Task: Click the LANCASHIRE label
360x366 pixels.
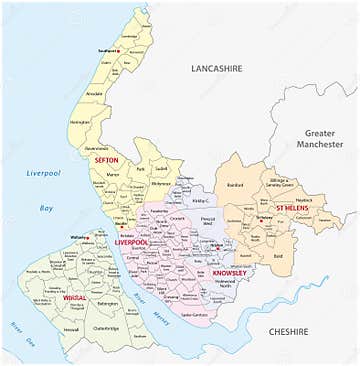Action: pos(218,67)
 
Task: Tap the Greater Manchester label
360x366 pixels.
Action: pos(319,137)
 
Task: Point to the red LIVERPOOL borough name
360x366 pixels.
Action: pos(131,242)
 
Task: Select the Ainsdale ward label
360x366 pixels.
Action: pos(95,94)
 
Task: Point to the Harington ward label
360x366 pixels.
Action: pos(80,122)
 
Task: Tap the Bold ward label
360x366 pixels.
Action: pos(277,255)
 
